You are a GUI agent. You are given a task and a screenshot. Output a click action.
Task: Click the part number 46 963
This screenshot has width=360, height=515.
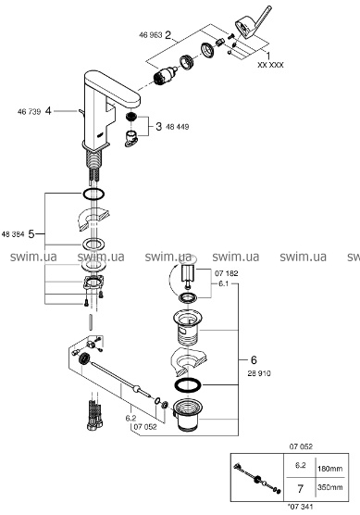point(151,35)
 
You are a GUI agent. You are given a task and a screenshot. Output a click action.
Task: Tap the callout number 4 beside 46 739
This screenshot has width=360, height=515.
point(48,112)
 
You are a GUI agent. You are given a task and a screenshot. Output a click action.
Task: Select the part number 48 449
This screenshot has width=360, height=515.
point(178,127)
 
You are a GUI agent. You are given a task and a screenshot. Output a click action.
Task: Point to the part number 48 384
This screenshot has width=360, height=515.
point(13,234)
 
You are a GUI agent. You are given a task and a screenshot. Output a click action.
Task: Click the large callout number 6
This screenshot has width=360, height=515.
point(254,360)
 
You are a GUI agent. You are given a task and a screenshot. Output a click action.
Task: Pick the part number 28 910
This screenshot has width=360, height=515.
point(259,373)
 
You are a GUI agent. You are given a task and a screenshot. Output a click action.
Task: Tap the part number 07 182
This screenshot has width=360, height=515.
point(227,273)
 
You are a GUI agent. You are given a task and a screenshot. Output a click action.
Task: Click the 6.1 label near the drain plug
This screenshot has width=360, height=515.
point(223,283)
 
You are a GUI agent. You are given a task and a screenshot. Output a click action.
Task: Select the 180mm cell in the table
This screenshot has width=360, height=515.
point(329,469)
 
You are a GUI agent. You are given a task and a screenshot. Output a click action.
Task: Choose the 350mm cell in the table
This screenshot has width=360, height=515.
point(329,487)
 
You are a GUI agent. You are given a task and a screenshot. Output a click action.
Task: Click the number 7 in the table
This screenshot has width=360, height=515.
point(300,489)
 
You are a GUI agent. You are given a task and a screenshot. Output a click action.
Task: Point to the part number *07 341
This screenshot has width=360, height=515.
point(300,506)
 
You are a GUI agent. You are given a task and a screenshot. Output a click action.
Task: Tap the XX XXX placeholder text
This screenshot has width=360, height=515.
point(270,65)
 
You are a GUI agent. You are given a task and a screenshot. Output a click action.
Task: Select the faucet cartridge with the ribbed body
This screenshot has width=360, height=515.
point(166,76)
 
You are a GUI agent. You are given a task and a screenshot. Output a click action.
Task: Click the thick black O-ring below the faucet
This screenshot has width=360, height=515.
point(93,195)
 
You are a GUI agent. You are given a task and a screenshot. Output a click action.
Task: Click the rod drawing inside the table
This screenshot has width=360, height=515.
point(257,478)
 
